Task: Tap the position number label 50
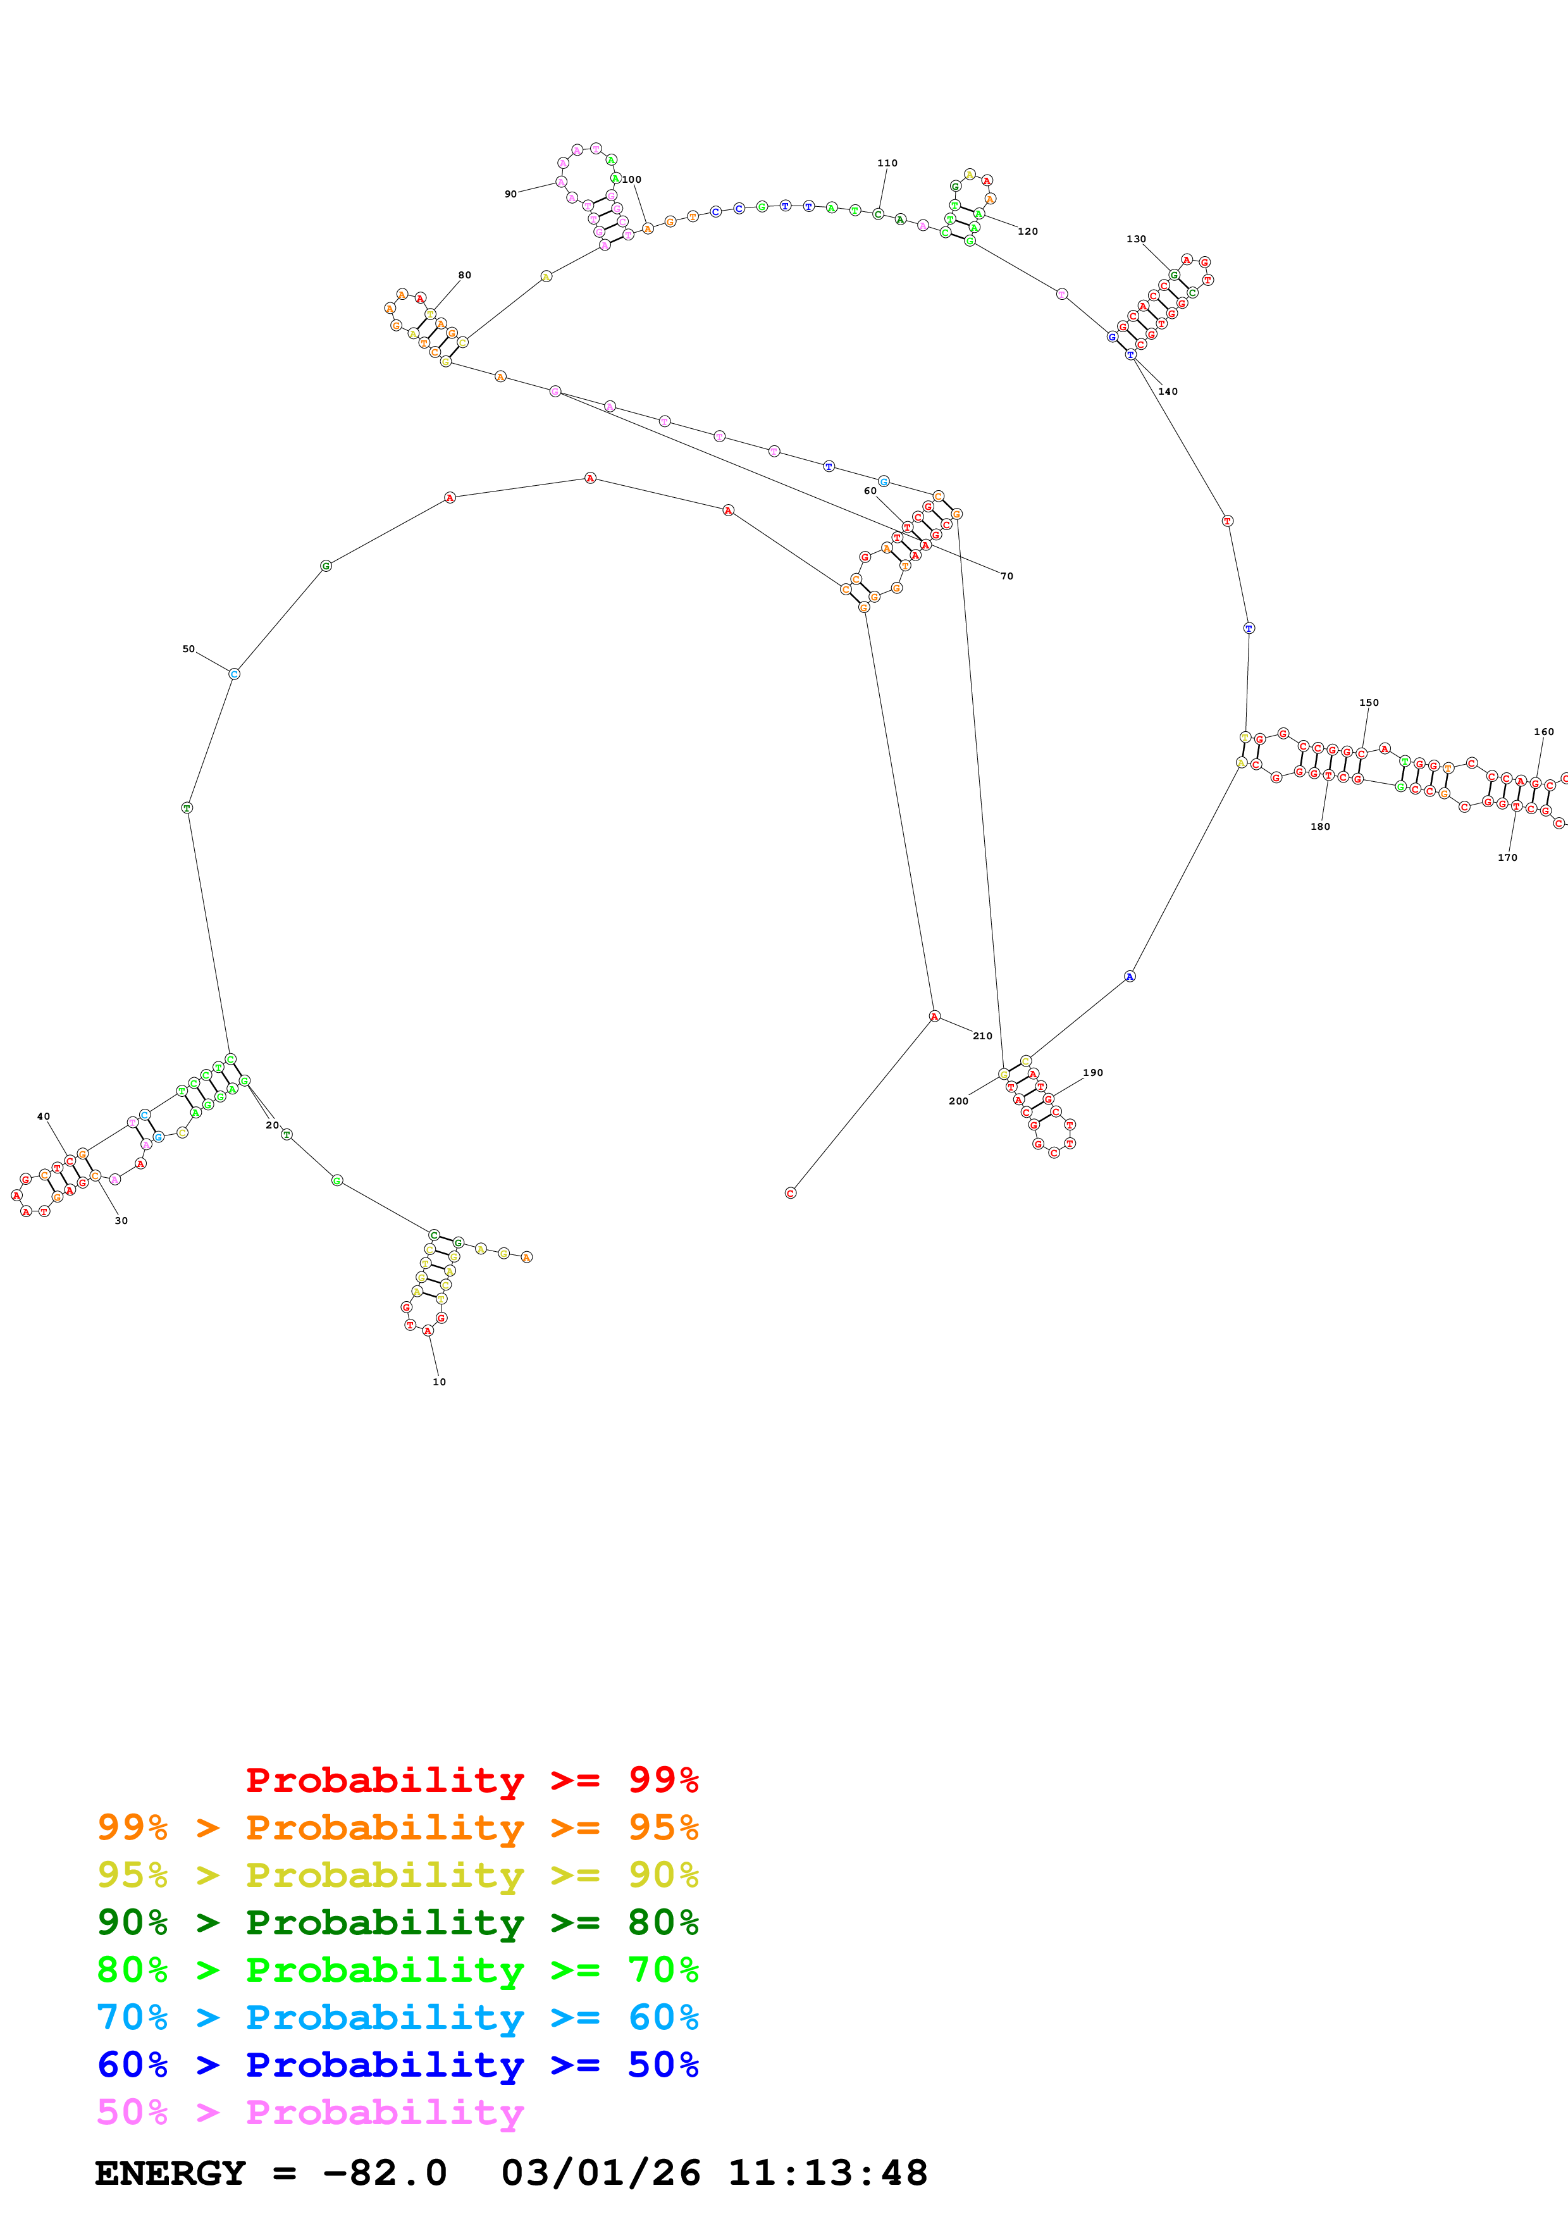tap(188, 650)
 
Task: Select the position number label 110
tap(887, 163)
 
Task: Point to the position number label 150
tap(1369, 703)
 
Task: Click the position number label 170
tap(1507, 857)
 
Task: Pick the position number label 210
tap(982, 1036)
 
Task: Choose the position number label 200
tap(958, 1101)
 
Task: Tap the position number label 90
tap(510, 194)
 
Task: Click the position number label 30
tap(121, 1221)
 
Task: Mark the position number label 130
tap(1136, 238)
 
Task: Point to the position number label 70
tap(1007, 576)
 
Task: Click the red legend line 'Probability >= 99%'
tap(471, 1780)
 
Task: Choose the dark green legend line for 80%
tap(397, 1922)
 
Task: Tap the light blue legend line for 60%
tap(397, 2017)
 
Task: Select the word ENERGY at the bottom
tap(170, 2173)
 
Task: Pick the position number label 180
tap(1319, 826)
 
